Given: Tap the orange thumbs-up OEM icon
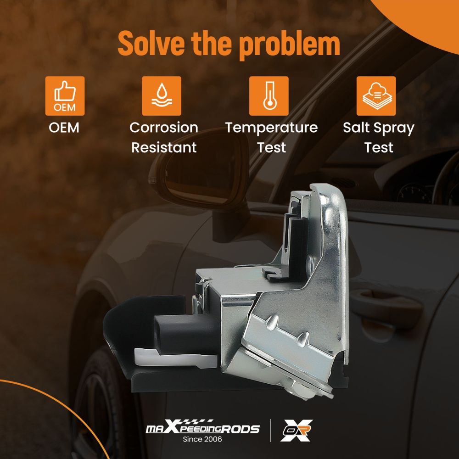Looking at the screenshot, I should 65,95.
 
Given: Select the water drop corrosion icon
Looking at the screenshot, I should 161,95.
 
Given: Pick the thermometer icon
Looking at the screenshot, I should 269,95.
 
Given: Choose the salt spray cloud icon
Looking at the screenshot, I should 376,95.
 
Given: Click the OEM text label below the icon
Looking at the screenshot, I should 64,128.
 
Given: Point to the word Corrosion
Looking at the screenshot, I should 163,128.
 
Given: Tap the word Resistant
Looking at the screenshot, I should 163,147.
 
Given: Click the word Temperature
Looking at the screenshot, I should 271,128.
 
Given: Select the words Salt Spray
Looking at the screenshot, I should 378,128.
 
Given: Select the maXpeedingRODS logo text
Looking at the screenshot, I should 202,429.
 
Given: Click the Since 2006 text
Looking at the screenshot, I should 202,439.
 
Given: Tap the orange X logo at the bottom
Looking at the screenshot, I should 297,431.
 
